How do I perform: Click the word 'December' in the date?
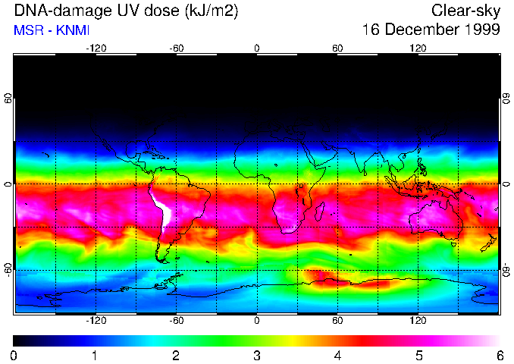click(x=420, y=30)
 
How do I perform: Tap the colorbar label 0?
click(x=14, y=355)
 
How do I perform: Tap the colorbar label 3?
click(x=257, y=355)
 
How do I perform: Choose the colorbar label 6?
click(x=499, y=355)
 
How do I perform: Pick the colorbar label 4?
click(x=337, y=355)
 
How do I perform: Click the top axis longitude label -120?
click(x=96, y=48)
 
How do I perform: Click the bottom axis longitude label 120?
click(x=418, y=321)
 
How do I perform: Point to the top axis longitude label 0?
click(x=257, y=48)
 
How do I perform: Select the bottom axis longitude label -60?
click(x=176, y=321)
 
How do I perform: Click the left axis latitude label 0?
click(x=8, y=184)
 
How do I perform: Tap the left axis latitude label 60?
click(x=8, y=99)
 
